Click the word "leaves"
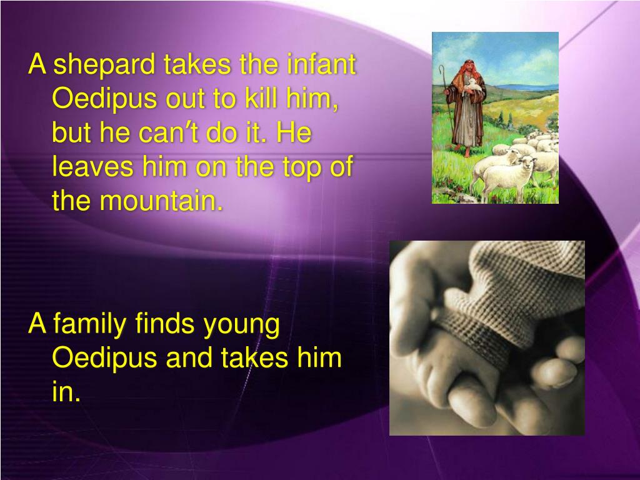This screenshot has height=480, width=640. coord(90,167)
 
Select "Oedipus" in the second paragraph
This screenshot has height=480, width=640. coord(94,359)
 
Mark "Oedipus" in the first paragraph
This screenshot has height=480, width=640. coord(94,99)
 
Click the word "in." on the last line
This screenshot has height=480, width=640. coord(66,393)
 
